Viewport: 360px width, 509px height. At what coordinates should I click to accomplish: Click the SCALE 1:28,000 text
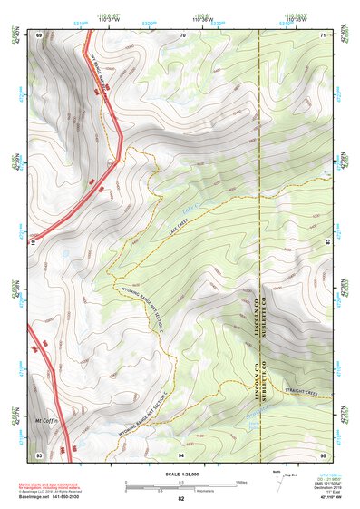180,474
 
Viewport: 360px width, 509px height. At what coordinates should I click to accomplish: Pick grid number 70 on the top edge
182,34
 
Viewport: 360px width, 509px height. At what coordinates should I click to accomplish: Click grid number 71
324,34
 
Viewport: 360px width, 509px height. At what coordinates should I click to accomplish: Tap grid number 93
39,453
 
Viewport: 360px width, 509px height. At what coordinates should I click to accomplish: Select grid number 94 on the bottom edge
181,453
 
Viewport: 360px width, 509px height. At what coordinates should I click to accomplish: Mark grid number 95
324,453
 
